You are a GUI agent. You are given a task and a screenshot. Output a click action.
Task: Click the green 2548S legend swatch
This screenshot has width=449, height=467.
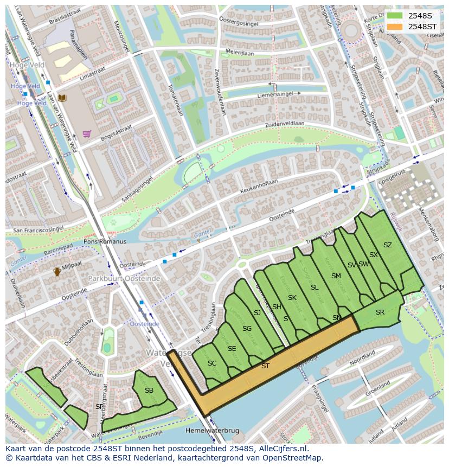point(395,16)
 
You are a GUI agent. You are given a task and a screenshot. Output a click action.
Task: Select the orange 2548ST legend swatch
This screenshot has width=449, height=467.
point(395,27)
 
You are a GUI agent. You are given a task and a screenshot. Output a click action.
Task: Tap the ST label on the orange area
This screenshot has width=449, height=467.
point(265,366)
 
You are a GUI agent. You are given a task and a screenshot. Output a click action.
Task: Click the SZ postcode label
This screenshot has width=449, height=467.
point(387,245)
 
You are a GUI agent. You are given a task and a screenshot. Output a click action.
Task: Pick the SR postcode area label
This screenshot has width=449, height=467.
point(380,312)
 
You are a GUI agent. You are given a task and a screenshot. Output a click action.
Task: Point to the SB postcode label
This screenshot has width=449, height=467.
point(149,391)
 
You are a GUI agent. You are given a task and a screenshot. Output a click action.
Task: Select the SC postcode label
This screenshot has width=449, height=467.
point(212,363)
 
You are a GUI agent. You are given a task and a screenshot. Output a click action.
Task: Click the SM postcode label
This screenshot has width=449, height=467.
point(336,276)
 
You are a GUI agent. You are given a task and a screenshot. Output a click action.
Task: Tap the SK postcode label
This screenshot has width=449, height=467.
point(292,298)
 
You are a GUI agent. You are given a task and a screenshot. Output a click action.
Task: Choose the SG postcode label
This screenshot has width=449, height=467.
point(247,329)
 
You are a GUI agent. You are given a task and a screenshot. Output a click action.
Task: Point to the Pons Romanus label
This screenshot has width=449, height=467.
point(105,241)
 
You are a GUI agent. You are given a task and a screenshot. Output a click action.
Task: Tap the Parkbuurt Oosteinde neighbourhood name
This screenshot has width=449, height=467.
point(124,278)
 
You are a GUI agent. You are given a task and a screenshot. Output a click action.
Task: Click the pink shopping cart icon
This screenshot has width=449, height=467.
point(86,134)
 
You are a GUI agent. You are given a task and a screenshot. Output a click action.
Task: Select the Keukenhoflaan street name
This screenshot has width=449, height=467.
point(259,184)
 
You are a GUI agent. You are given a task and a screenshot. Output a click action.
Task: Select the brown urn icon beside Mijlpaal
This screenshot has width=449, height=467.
point(57,272)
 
